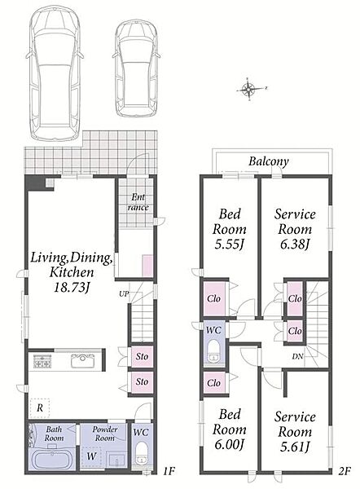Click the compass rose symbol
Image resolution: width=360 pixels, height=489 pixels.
(x=249, y=89)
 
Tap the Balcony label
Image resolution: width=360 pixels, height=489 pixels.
(x=268, y=161)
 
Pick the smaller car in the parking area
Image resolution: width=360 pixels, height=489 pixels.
(x=137, y=69)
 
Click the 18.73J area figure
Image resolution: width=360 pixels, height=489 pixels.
(x=72, y=287)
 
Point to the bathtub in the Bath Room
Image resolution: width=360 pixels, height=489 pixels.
(x=51, y=458)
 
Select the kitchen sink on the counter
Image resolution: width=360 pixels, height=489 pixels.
(x=82, y=361)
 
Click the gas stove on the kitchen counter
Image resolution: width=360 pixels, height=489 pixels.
(x=42, y=361)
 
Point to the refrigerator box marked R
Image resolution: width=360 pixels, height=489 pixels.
(x=40, y=408)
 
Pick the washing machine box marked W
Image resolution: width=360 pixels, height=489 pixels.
(x=91, y=456)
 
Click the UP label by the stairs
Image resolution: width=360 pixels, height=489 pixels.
(x=124, y=293)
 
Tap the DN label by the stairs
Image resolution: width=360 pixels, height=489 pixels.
(x=297, y=356)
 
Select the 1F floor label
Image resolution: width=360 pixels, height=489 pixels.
(x=169, y=471)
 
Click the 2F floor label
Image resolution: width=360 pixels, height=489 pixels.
(x=345, y=471)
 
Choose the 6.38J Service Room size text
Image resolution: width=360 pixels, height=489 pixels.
(x=295, y=244)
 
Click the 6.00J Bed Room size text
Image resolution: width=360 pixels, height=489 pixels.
(x=229, y=444)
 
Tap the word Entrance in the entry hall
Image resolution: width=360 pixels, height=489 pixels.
(x=138, y=202)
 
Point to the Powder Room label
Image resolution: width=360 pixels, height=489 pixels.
(x=105, y=434)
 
